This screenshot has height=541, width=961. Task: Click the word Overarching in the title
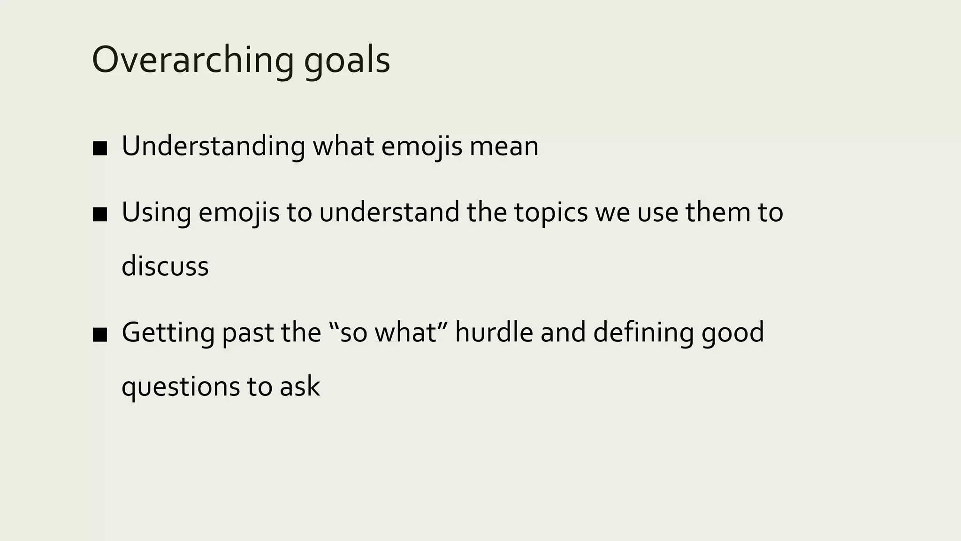pos(192,61)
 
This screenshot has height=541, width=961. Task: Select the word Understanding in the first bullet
pos(213,146)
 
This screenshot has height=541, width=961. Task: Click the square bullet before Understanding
pos(100,149)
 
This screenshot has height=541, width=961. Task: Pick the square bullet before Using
pos(100,215)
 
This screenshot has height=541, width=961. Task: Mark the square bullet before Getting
pos(100,335)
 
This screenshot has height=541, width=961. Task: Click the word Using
pos(156,212)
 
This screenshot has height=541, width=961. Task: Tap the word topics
pos(550,212)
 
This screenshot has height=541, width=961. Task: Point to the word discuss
pos(165,266)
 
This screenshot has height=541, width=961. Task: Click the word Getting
pos(168,332)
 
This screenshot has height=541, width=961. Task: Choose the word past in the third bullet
pos(247,332)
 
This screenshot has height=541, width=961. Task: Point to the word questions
pos(180,387)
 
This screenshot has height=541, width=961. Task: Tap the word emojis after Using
pos(239,212)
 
